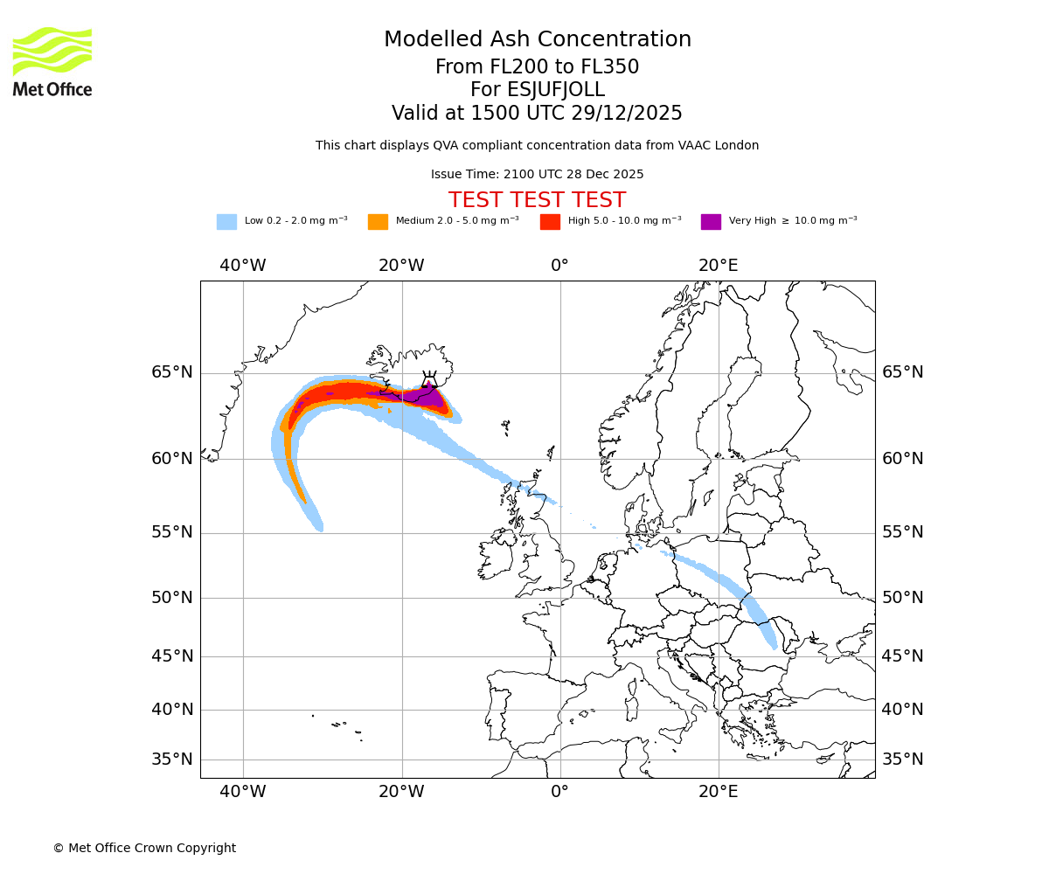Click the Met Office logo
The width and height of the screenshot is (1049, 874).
point(52,61)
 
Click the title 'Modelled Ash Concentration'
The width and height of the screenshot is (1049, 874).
point(538,39)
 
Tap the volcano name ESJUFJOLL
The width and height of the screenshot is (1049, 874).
point(538,90)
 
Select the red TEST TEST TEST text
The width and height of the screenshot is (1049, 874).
point(537,200)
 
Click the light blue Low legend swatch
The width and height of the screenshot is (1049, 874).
point(226,221)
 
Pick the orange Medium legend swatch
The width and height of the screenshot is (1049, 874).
point(378,221)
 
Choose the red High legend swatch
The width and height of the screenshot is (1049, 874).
point(550,221)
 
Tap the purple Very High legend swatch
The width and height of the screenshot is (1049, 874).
point(711,221)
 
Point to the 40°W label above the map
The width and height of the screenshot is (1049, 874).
point(243,266)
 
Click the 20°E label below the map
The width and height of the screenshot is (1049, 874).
point(719,792)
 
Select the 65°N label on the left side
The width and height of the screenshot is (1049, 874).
point(171,372)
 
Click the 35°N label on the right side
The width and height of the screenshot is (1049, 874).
point(902,760)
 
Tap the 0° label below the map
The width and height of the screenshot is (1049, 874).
point(559,792)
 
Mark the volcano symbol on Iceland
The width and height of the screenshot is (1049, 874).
point(429,379)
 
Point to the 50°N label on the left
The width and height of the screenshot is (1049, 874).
point(171,598)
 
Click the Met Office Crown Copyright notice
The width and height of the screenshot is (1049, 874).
point(144,848)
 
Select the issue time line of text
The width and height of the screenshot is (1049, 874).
point(537,174)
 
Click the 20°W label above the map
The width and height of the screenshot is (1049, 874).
point(401,266)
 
